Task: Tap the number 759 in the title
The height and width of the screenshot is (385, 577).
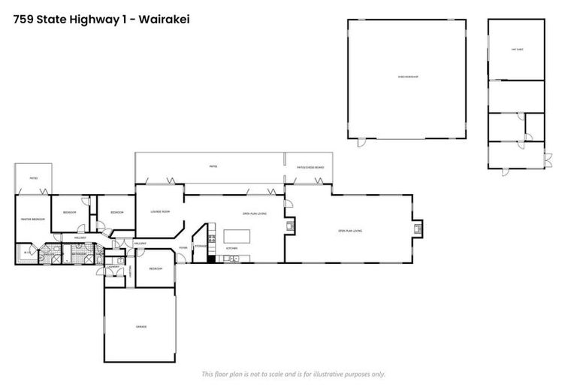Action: [x=23, y=19]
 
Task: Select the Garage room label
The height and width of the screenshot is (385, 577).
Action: [x=140, y=326]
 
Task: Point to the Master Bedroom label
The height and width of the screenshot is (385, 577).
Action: [x=33, y=219]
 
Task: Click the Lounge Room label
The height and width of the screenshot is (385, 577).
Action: [x=160, y=212]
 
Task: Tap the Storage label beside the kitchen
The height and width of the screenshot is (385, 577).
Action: [x=201, y=246]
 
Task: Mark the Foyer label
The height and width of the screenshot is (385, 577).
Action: [x=183, y=247]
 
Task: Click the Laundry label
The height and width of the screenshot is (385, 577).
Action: [x=114, y=267]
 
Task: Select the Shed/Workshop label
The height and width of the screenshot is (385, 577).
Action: [x=407, y=77]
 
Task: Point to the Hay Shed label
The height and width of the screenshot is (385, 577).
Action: [x=516, y=49]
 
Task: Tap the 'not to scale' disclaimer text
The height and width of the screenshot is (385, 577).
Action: [x=293, y=374]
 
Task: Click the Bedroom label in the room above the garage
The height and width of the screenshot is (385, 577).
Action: [x=156, y=268]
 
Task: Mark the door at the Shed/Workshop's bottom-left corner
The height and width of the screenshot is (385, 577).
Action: [x=359, y=142]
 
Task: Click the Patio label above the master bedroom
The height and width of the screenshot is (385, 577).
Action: [x=33, y=178]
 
